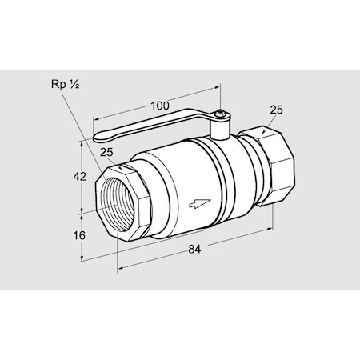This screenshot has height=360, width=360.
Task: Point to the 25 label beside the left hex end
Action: (107, 153)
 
